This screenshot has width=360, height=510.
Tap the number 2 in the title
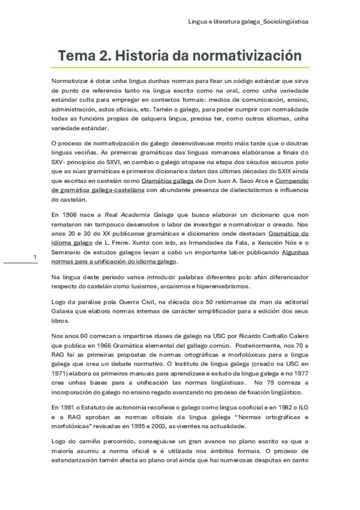pos(105,56)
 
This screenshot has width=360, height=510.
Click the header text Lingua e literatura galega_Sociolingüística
pos(248,21)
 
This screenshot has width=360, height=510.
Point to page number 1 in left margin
pos(35,257)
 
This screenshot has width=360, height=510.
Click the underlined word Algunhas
pos(295,253)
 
